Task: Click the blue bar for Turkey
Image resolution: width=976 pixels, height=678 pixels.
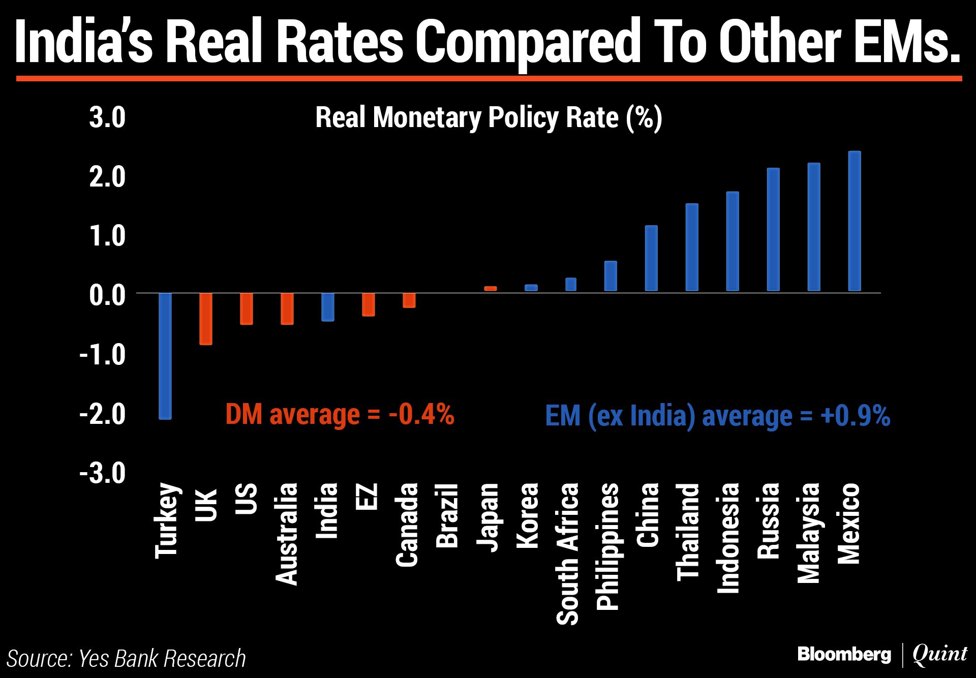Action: [x=165, y=356]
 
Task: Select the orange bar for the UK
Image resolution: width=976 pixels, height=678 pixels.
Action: [x=206, y=319]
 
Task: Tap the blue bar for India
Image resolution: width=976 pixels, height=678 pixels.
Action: [x=328, y=307]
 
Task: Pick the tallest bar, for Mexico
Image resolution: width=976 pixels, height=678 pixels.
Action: [x=855, y=221]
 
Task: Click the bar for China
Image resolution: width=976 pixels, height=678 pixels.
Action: [x=651, y=258]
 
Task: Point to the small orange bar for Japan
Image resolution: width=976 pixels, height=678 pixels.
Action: [x=491, y=289]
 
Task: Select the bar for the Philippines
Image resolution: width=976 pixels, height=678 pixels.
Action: [x=611, y=276]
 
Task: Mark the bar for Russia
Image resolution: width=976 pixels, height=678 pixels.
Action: [x=773, y=229]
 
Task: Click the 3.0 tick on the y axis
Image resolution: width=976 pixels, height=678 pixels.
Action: [x=107, y=117]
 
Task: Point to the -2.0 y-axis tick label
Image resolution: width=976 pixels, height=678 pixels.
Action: [x=103, y=414]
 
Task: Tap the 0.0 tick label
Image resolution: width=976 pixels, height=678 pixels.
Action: [x=107, y=295]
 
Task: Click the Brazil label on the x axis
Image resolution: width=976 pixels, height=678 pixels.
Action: [x=447, y=515]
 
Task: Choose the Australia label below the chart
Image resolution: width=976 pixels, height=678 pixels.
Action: [x=286, y=534]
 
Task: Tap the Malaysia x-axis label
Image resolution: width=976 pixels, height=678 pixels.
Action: [x=808, y=533]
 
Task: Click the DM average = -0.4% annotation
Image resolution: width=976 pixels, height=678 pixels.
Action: [x=340, y=414]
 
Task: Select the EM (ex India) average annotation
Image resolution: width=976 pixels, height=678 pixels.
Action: [x=717, y=416]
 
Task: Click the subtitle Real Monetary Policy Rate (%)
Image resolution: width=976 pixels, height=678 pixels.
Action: [x=489, y=118]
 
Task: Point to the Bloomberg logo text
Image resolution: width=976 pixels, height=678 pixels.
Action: [x=844, y=654]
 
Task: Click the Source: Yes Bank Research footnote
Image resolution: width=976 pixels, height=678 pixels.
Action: [x=127, y=659]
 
